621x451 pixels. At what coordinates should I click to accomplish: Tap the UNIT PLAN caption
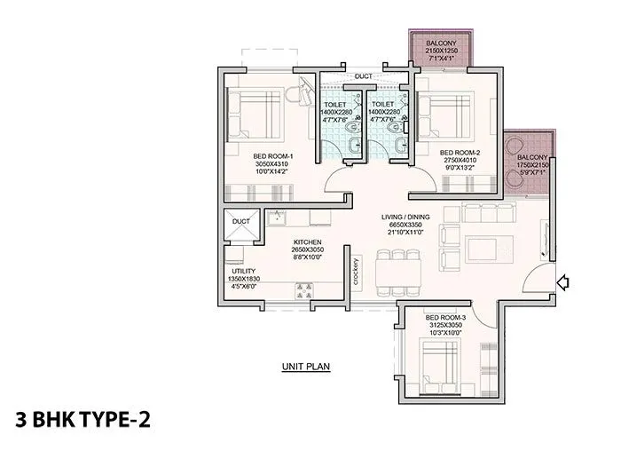tap(305, 366)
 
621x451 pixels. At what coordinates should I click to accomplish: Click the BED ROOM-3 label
tap(445, 317)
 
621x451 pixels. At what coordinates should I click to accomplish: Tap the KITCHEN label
tap(308, 241)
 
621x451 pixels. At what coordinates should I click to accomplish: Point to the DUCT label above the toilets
tap(364, 76)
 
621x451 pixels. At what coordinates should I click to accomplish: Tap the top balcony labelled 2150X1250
tap(439, 47)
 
